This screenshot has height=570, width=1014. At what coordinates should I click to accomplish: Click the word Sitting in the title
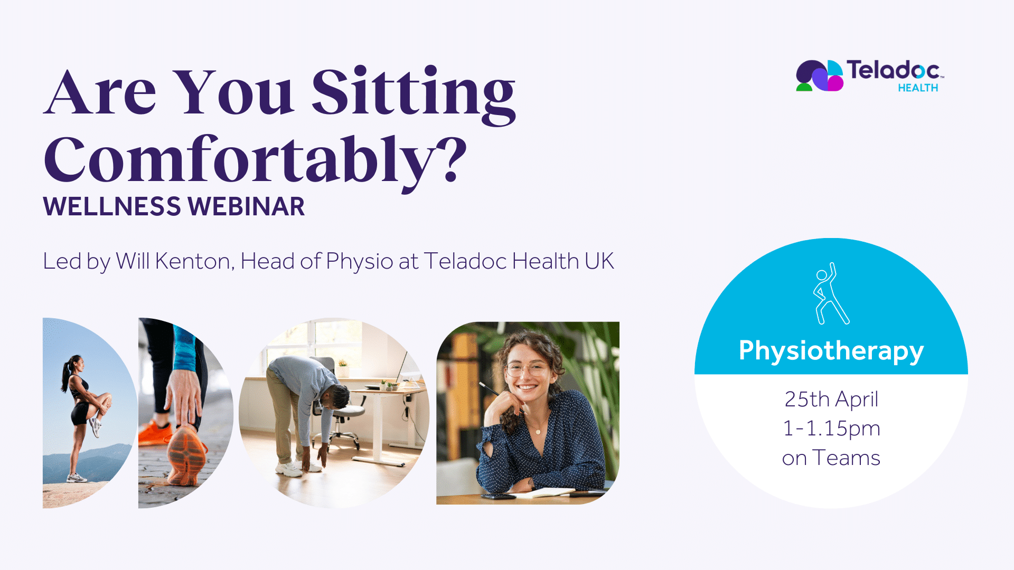click(x=414, y=95)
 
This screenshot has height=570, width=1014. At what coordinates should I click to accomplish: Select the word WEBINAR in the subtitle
click(x=246, y=206)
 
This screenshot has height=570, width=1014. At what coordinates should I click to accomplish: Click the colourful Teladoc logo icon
click(x=820, y=75)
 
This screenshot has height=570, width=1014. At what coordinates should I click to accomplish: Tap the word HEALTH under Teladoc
click(x=918, y=88)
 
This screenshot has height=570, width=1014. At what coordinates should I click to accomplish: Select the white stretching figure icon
click(x=831, y=293)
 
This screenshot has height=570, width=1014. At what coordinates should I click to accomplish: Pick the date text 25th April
click(x=831, y=399)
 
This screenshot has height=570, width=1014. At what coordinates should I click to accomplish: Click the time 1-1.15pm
click(x=831, y=429)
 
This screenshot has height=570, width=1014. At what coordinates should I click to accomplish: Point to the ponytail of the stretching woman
click(x=66, y=373)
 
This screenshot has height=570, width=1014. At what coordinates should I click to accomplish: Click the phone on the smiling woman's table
click(x=498, y=496)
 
